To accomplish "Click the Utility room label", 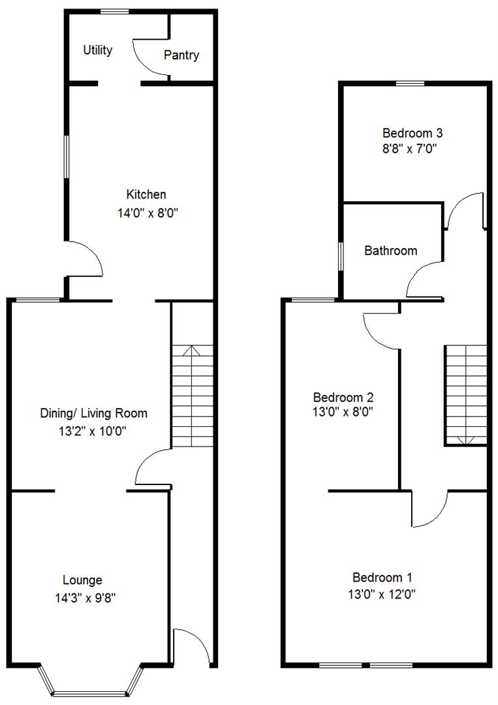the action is tap(97, 50).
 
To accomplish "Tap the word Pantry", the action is tap(181, 55).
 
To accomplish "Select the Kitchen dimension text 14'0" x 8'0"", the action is tap(148, 213).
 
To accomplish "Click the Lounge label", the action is tap(82, 580).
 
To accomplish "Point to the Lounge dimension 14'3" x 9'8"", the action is tap(86, 598).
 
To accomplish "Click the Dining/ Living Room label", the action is tap(94, 413).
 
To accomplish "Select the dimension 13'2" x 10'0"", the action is tap(93, 431).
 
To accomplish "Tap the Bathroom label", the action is tap(390, 251).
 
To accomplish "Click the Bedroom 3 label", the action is tap(412, 133).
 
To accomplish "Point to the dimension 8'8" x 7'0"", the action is tap(410, 149).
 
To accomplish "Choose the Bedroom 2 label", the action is tap(343, 398).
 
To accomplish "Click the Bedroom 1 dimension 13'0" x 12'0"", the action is tap(382, 595).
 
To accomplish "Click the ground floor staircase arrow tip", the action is tap(193, 346).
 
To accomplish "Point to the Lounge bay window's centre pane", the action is tap(90, 693).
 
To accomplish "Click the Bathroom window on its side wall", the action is tap(341, 257).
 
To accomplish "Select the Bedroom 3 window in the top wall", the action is tap(410, 83).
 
